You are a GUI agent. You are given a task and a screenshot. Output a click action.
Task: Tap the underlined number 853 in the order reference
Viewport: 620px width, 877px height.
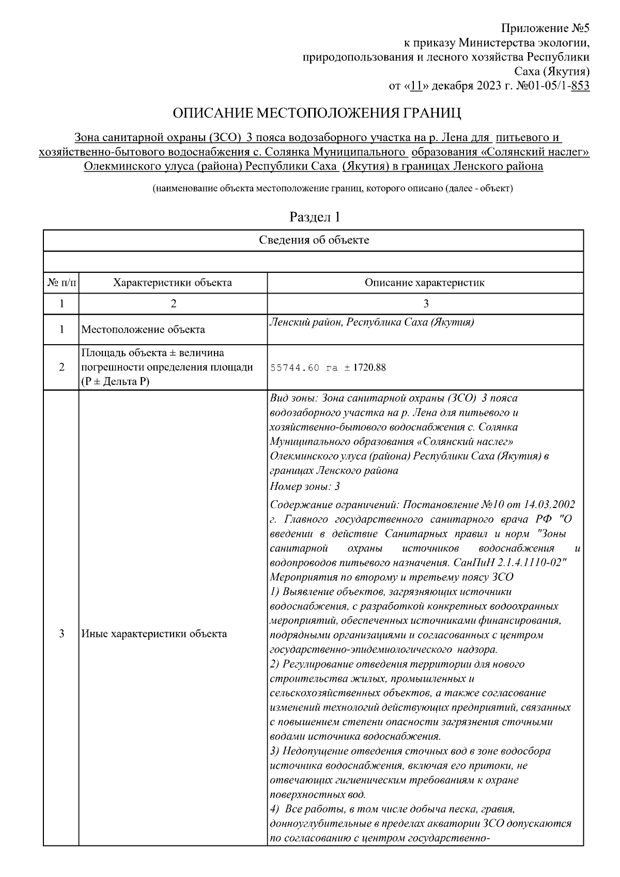[x=580, y=86]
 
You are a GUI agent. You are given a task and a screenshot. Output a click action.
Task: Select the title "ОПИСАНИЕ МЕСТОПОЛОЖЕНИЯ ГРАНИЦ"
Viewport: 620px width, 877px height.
[x=316, y=113]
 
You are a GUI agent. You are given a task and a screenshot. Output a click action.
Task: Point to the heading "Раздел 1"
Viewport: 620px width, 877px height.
[x=315, y=217]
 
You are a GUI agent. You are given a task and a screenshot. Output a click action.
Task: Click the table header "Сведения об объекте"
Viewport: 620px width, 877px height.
[x=314, y=240]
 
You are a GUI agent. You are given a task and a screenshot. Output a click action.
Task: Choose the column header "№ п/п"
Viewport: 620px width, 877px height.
[x=61, y=283]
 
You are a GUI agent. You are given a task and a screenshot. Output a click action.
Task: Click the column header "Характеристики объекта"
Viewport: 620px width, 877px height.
[x=173, y=283]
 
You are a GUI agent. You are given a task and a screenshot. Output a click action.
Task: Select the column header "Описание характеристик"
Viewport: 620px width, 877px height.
[x=425, y=283]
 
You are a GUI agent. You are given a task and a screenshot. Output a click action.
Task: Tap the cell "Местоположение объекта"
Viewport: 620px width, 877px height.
[x=143, y=330]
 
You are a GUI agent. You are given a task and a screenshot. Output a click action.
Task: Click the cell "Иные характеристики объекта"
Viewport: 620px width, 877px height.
[x=154, y=634]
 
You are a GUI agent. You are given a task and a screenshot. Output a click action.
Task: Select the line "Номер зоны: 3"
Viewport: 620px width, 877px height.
[x=305, y=486]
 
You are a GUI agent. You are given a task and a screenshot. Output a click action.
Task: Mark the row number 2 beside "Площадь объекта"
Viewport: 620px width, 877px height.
[x=61, y=367]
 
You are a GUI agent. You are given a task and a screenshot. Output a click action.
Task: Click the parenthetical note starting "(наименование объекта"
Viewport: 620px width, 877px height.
[x=332, y=189]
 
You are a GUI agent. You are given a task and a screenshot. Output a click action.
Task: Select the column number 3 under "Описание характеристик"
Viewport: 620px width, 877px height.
[x=425, y=304]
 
